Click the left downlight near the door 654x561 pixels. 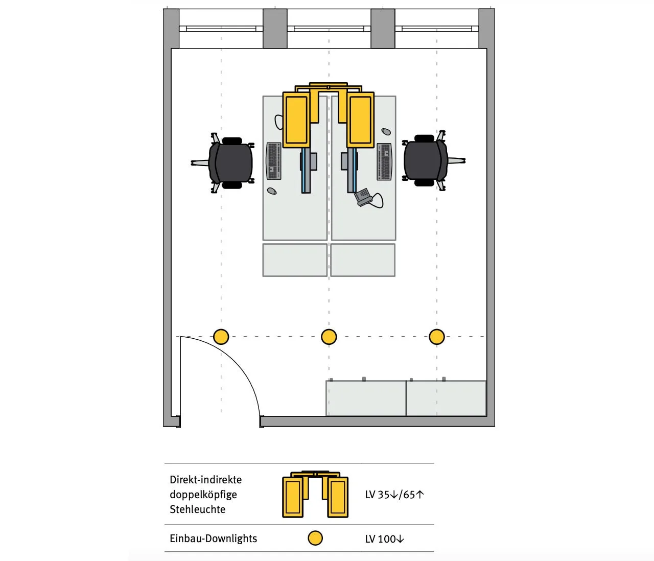pyautogui.click(x=221, y=337)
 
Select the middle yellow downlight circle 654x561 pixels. pyautogui.click(x=329, y=337)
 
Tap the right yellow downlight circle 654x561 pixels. pyautogui.click(x=436, y=337)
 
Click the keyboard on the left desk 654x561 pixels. pyautogui.click(x=274, y=161)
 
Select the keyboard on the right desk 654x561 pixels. pyautogui.click(x=384, y=161)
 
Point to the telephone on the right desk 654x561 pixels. pyautogui.click(x=364, y=197)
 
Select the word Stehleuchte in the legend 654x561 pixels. pyautogui.click(x=197, y=509)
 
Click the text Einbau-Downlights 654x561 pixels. pyautogui.click(x=213, y=539)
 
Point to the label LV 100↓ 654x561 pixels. pyautogui.click(x=384, y=539)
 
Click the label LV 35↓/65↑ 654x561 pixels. pyautogui.click(x=394, y=495)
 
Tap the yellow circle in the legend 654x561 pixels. pyautogui.click(x=315, y=538)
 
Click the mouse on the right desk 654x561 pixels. pyautogui.click(x=386, y=132)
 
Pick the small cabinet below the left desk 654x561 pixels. pyautogui.click(x=295, y=260)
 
